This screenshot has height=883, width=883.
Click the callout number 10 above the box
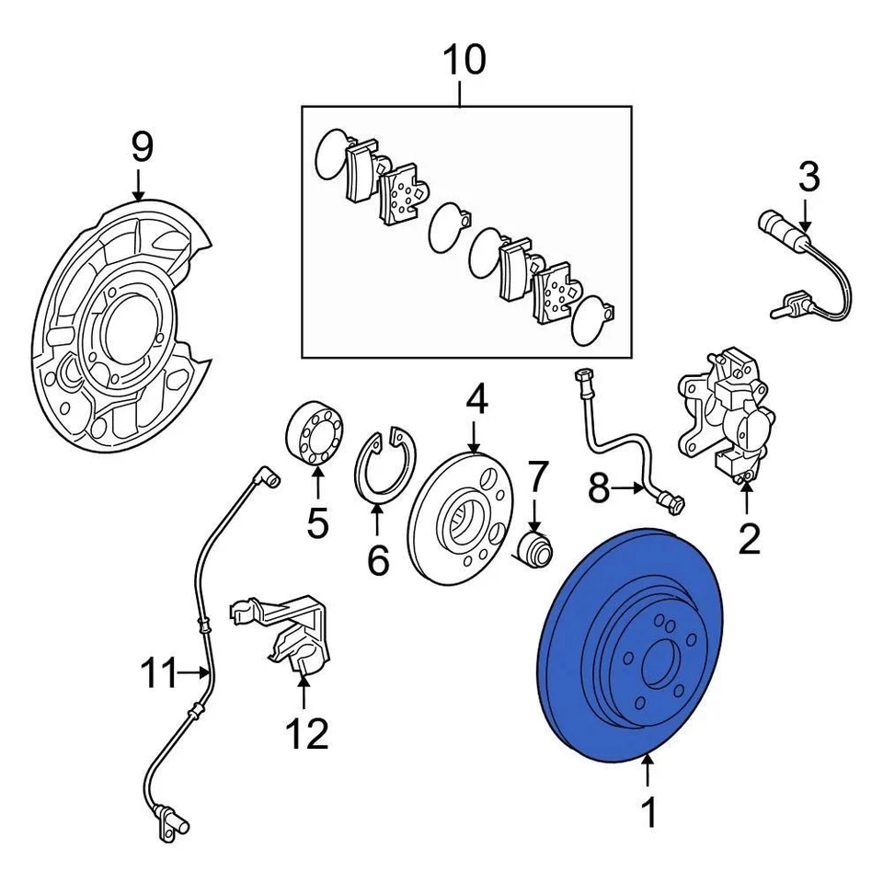pyautogui.click(x=464, y=60)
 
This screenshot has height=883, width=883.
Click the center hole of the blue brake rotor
pyautogui.click(x=659, y=664)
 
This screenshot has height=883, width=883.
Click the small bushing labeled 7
pyautogui.click(x=536, y=550)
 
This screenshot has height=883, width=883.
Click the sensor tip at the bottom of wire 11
pyautogui.click(x=170, y=821)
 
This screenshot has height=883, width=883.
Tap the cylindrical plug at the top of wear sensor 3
pyautogui.click(x=771, y=223)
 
